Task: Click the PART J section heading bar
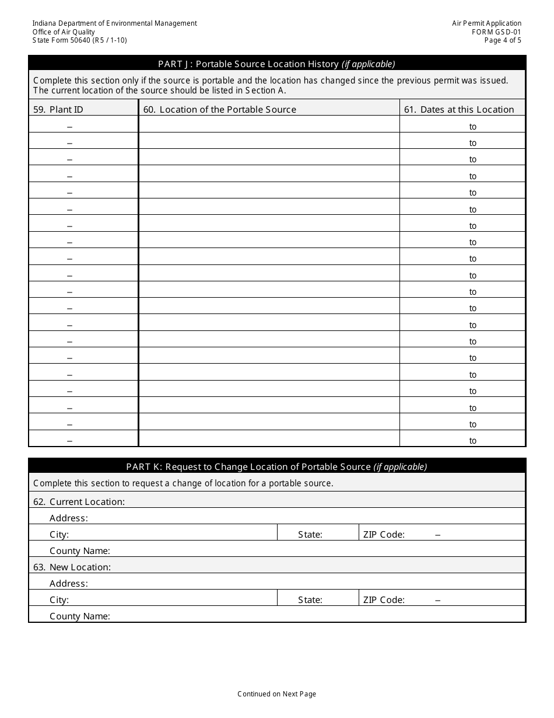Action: point(276,64)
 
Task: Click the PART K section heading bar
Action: point(276,466)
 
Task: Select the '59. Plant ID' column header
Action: point(58,109)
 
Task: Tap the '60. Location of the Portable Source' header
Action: point(228,109)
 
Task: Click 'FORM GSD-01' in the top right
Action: point(496,32)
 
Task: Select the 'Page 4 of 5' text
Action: point(503,40)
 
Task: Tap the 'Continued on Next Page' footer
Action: point(276,694)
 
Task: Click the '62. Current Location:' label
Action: point(79,501)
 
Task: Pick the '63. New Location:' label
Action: point(72,567)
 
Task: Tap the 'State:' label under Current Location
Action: point(310,534)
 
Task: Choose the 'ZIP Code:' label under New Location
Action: point(384,600)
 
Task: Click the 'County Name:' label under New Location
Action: point(79,616)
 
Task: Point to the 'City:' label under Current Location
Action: point(59,534)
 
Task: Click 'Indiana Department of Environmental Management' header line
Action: point(115,23)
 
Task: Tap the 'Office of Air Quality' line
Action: point(64,32)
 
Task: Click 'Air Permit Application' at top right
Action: point(486,23)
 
